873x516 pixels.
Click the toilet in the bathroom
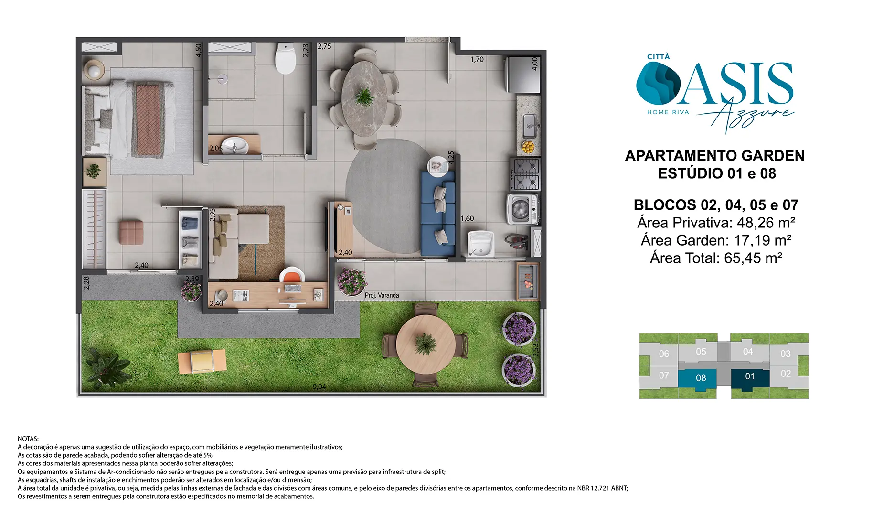tap(286, 58)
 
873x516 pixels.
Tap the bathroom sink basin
tap(235, 145)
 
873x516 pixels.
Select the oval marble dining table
tap(364, 98)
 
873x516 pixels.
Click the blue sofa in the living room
tap(437, 214)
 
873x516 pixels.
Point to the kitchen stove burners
tap(525, 174)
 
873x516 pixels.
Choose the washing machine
tap(522, 209)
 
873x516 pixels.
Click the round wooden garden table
tap(426, 344)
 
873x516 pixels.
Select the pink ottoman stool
tap(131, 232)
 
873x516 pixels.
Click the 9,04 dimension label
tap(319, 387)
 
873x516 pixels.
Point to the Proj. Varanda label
tap(382, 295)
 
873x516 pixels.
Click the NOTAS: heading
tap(28, 439)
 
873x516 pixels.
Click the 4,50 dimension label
tap(199, 50)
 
